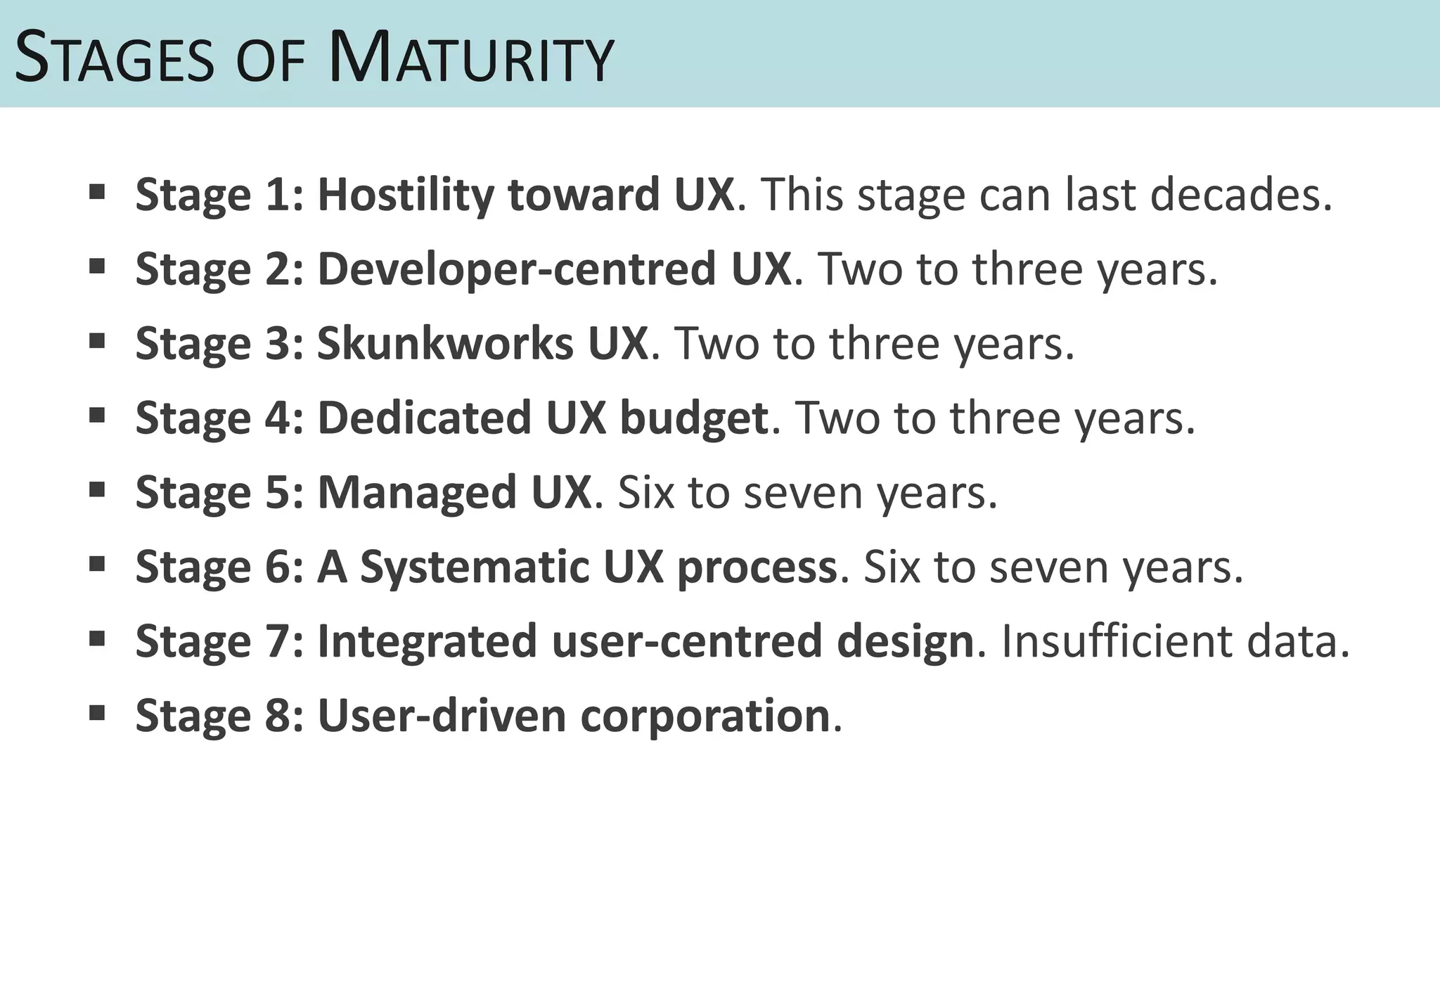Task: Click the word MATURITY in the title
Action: pyautogui.click(x=471, y=59)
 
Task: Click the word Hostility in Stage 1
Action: pyautogui.click(x=405, y=194)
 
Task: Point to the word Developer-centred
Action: pyautogui.click(x=554, y=269)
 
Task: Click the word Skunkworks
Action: pyautogui.click(x=445, y=344)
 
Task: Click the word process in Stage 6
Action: pyautogui.click(x=757, y=568)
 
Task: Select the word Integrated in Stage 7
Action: pyautogui.click(x=427, y=641)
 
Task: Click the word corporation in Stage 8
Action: pyautogui.click(x=706, y=716)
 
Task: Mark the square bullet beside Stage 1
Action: pyautogui.click(x=97, y=191)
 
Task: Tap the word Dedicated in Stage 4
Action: pyautogui.click(x=424, y=418)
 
